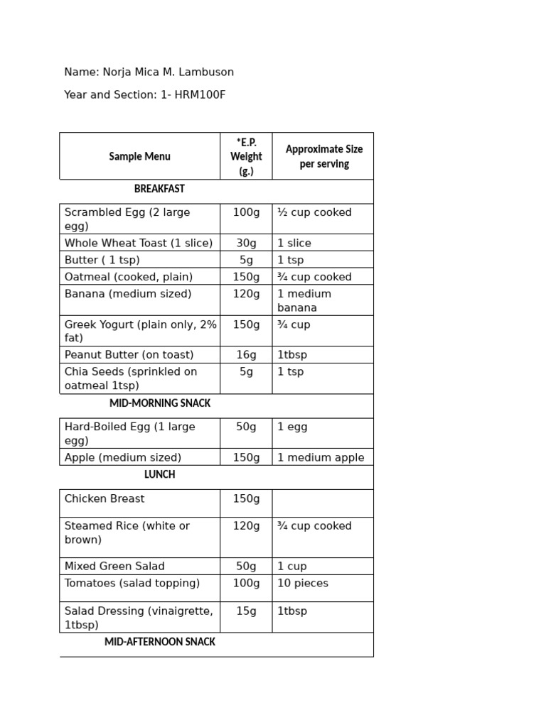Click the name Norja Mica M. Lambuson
click(x=169, y=72)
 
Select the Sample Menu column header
click(x=139, y=156)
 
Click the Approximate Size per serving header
click(x=323, y=156)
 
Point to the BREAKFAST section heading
click(x=159, y=189)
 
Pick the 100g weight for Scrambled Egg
click(x=246, y=212)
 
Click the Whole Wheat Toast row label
click(x=138, y=243)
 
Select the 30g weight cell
click(x=246, y=243)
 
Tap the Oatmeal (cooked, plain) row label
click(x=129, y=277)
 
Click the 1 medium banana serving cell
click(x=304, y=300)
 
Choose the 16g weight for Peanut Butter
click(x=246, y=355)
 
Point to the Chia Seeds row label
click(x=130, y=378)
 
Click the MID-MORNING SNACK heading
click(x=159, y=403)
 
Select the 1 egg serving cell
click(x=292, y=427)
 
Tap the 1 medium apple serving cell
click(x=320, y=458)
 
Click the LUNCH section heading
click(x=159, y=474)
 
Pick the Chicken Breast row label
click(x=104, y=499)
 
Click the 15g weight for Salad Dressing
click(x=246, y=611)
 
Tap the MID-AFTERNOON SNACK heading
click(x=159, y=642)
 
